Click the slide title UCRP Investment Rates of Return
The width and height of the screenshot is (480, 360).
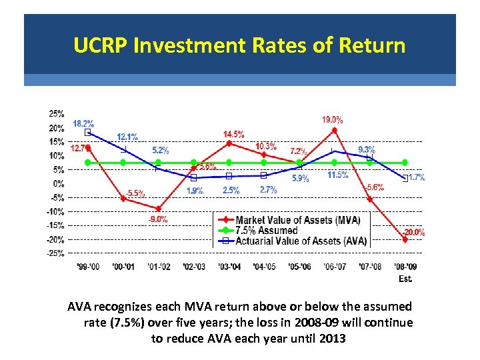coord(239,45)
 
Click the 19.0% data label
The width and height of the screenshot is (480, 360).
coord(333,120)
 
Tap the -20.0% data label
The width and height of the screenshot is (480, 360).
coord(413,233)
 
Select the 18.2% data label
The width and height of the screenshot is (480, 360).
coord(83,123)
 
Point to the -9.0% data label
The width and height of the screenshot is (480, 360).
coord(157,219)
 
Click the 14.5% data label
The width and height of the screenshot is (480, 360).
coord(233,134)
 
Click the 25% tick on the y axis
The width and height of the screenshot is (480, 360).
coord(57,113)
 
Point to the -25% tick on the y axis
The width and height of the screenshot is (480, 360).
coord(55,253)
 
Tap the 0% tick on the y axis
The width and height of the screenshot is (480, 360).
coord(59,183)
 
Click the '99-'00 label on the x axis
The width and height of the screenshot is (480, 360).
coord(88,267)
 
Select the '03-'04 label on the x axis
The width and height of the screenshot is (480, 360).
coord(229,267)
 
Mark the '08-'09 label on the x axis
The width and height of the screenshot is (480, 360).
coord(405,267)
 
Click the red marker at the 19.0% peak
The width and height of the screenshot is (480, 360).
coord(335,131)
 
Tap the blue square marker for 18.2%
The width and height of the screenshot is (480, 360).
coord(88,133)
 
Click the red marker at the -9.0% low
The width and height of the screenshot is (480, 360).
coord(158,209)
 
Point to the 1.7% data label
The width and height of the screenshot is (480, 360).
coord(417,177)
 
